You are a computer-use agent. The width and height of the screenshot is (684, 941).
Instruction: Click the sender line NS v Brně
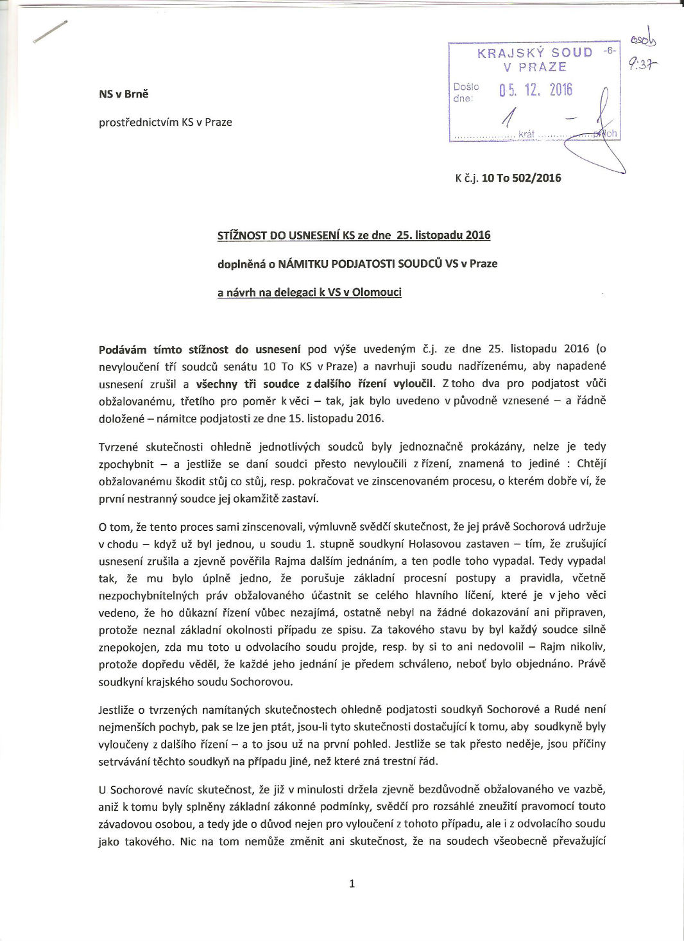pyautogui.click(x=123, y=94)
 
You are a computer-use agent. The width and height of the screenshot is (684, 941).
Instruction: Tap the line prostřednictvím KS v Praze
pyautogui.click(x=165, y=122)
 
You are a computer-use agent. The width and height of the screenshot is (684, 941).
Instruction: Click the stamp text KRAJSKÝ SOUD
pyautogui.click(x=534, y=53)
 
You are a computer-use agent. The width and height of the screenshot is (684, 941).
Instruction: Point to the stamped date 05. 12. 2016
pyautogui.click(x=535, y=89)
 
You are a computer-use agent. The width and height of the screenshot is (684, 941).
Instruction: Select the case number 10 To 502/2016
pyautogui.click(x=521, y=178)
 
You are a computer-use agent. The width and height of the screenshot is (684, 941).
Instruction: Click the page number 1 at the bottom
pyautogui.click(x=352, y=884)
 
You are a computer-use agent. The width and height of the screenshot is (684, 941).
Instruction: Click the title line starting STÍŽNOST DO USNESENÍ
pyautogui.click(x=354, y=235)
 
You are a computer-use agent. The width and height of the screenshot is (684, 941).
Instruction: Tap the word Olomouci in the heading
pyautogui.click(x=377, y=292)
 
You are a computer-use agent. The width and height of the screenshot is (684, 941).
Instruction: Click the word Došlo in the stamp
pyautogui.click(x=466, y=86)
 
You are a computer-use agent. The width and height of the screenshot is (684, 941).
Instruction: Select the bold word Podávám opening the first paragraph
pyautogui.click(x=123, y=349)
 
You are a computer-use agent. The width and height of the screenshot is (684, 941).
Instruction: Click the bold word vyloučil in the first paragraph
pyautogui.click(x=413, y=384)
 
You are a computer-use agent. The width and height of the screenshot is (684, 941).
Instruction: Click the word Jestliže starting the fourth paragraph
pyautogui.click(x=117, y=710)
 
